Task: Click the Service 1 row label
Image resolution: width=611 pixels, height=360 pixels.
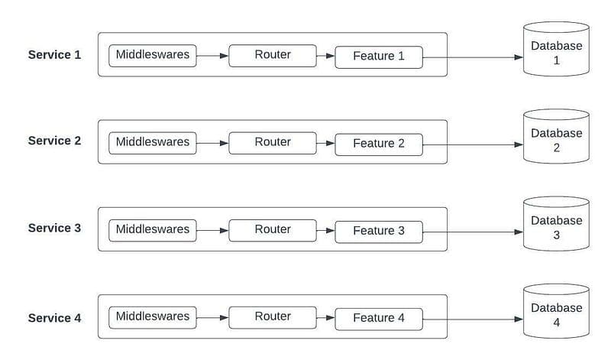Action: [x=54, y=54]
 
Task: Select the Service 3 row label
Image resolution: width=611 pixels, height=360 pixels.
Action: [x=54, y=228]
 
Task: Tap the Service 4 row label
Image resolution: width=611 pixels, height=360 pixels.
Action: [x=54, y=318]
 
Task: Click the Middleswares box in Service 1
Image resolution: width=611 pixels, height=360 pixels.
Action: [x=153, y=55]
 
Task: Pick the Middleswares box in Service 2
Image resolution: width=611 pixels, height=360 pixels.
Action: [x=153, y=142]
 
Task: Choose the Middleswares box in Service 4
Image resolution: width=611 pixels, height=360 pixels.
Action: [x=153, y=316]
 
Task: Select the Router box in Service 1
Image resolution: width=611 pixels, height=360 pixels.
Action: [x=273, y=55]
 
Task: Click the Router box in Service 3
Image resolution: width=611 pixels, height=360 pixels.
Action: [x=273, y=229]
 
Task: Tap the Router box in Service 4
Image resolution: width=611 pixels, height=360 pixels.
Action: [x=273, y=316]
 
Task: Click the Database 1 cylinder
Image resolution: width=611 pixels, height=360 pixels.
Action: [x=556, y=52]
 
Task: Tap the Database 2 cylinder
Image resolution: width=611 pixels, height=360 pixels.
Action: [x=556, y=139]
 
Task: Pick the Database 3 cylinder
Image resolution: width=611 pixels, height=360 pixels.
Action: [x=556, y=227]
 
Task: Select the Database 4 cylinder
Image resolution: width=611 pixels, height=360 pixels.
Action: [x=556, y=314]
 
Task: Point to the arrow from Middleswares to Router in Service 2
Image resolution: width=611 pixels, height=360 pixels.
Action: [x=212, y=142]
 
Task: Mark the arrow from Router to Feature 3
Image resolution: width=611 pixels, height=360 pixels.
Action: [x=325, y=229]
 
